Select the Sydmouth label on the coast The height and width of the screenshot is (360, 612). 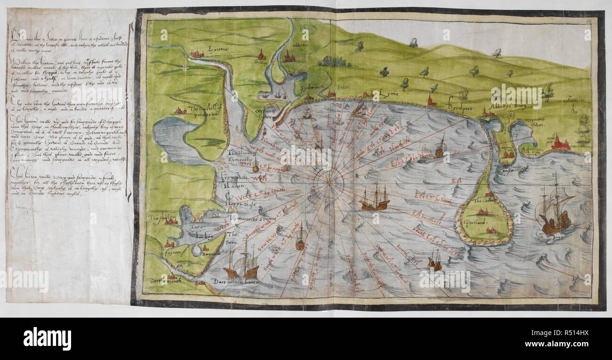click(x=309, y=88)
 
